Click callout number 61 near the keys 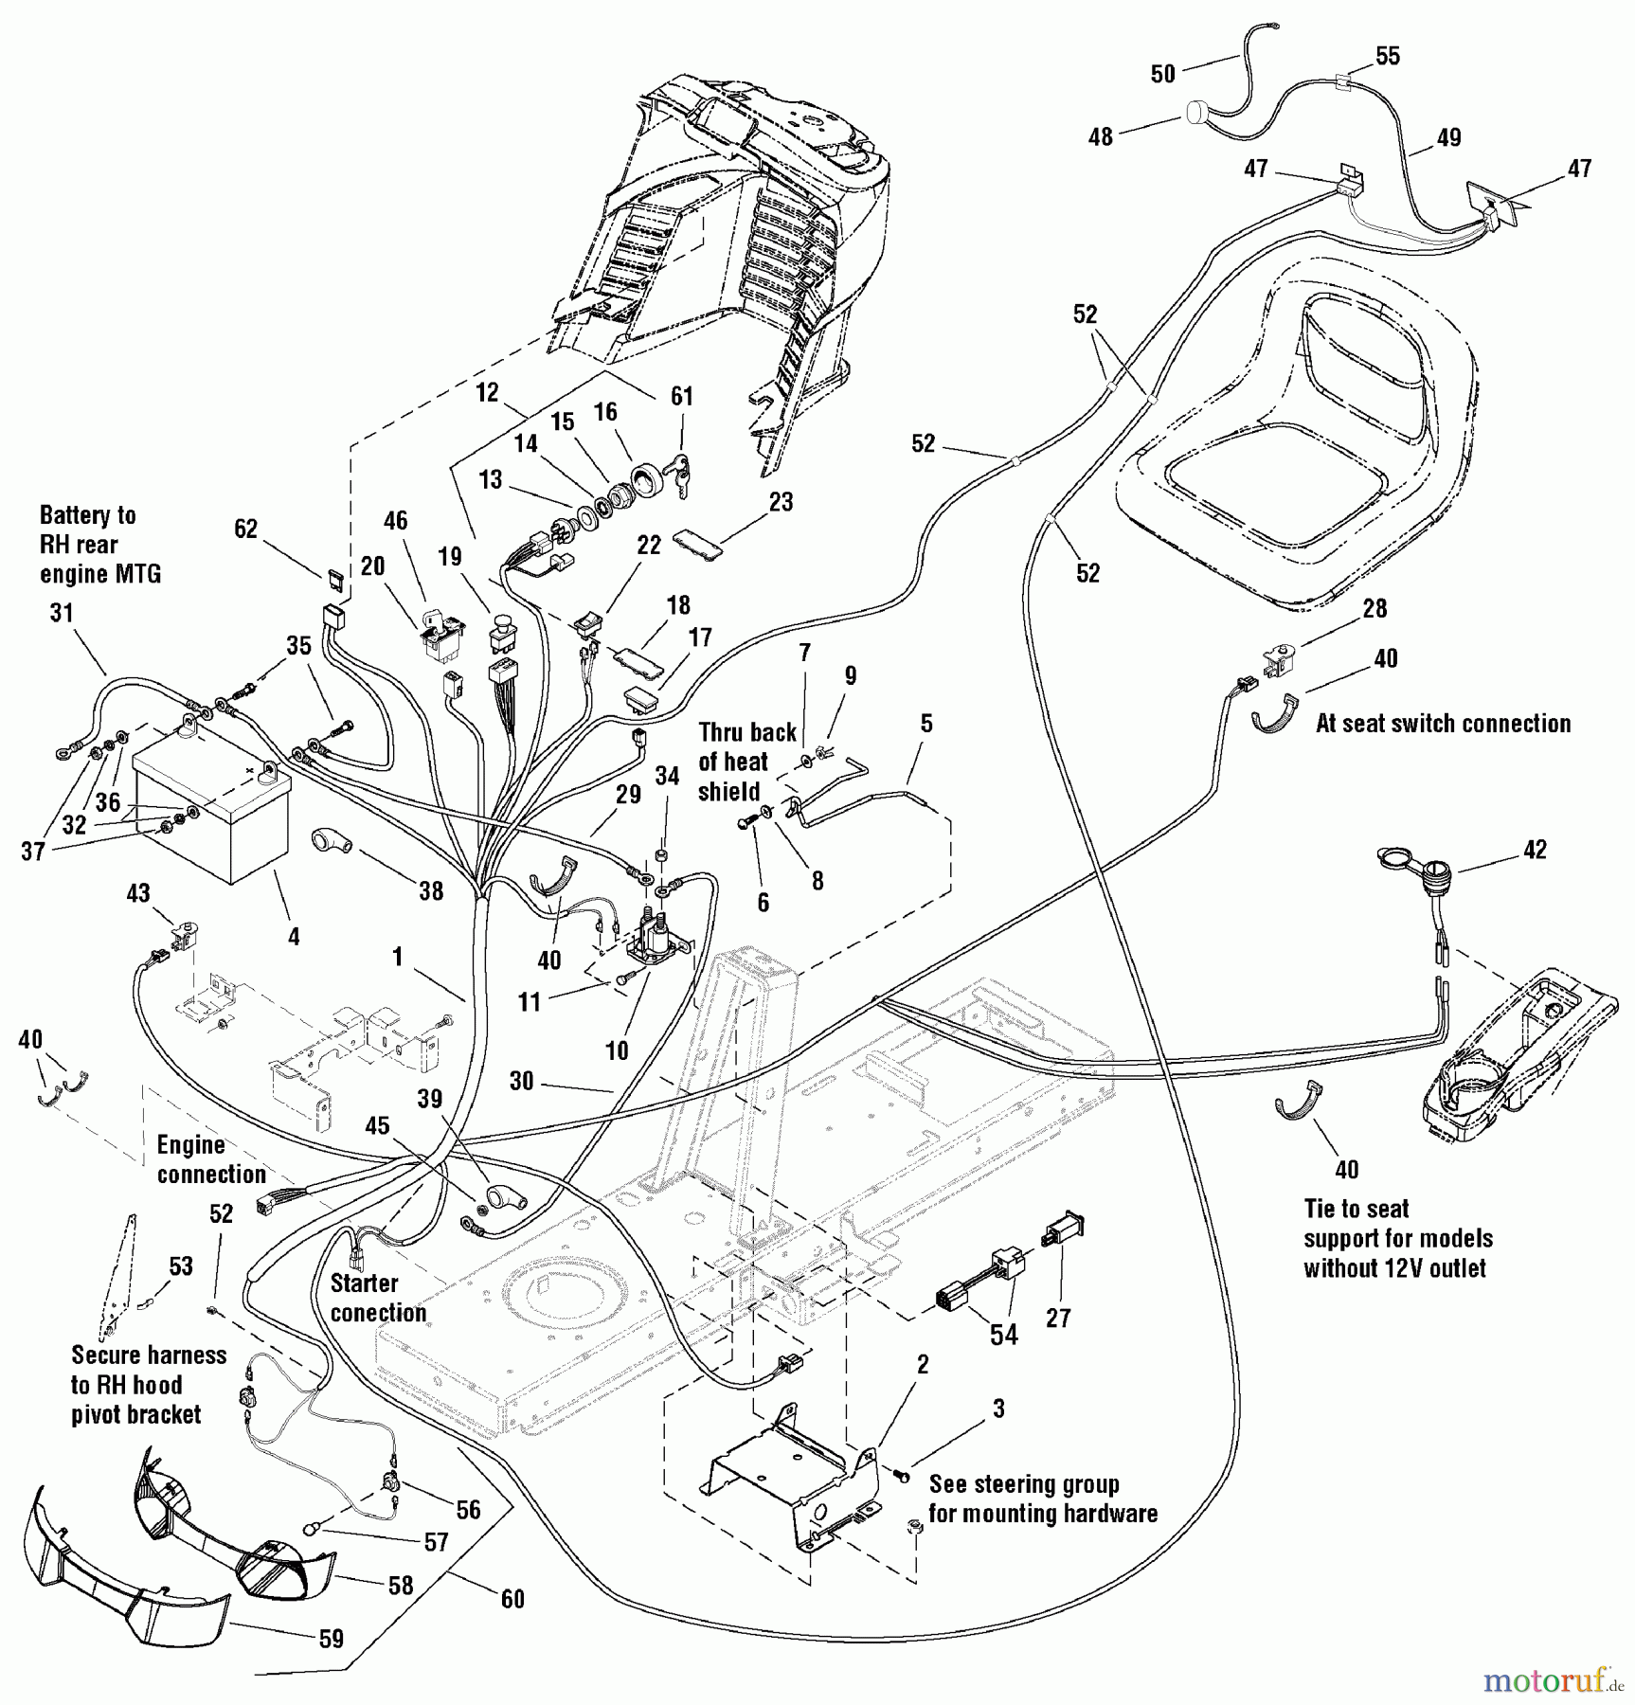pyautogui.click(x=682, y=397)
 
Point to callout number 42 pyautogui.click(x=1535, y=850)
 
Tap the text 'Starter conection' pyautogui.click(x=378, y=1298)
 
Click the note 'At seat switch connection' pyautogui.click(x=1443, y=724)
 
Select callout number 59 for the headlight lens pyautogui.click(x=331, y=1639)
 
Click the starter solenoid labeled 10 pyautogui.click(x=653, y=938)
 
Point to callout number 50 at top pyautogui.click(x=1162, y=73)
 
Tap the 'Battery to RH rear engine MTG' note pyautogui.click(x=99, y=545)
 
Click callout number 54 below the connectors pyautogui.click(x=1003, y=1335)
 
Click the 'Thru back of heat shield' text pyautogui.click(x=746, y=762)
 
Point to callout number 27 pyautogui.click(x=1058, y=1318)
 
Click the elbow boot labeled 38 pyautogui.click(x=332, y=839)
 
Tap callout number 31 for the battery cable pyautogui.click(x=62, y=613)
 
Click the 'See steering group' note pyautogui.click(x=1042, y=1499)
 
